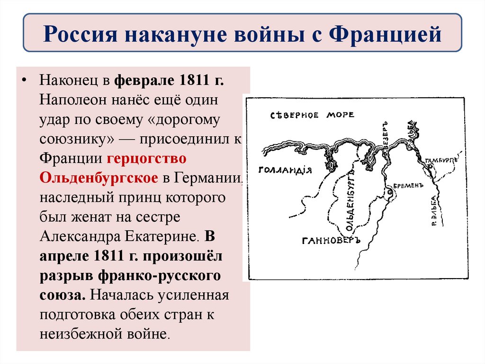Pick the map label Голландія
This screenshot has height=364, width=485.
coord(285,170)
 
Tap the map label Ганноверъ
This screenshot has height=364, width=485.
coord(331,241)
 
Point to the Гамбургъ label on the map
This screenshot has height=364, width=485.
coord(440,161)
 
